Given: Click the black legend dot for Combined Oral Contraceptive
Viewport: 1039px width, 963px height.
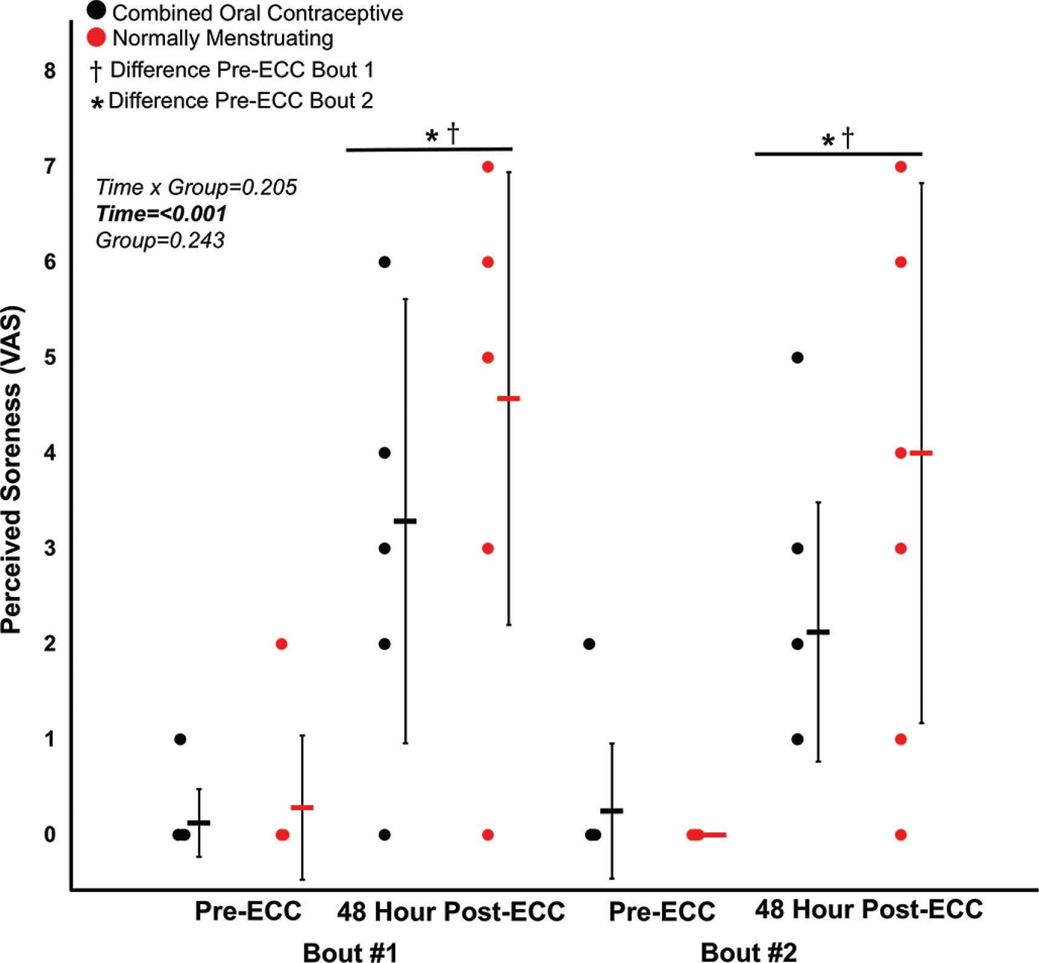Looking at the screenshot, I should (x=96, y=10).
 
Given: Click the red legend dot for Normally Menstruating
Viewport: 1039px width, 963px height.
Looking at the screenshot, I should (x=96, y=38).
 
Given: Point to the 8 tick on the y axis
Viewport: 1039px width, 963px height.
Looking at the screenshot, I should (x=50, y=71).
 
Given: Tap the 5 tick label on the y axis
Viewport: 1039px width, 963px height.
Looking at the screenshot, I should (x=50, y=358).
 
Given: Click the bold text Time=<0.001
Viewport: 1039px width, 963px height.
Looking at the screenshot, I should (x=161, y=214).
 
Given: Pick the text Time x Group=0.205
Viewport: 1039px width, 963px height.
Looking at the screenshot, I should (x=196, y=187).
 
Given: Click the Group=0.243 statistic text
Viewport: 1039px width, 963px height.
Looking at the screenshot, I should (x=160, y=241).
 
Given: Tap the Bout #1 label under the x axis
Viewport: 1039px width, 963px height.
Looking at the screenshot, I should (x=350, y=952).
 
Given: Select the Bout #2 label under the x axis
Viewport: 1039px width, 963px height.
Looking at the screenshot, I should (x=748, y=952).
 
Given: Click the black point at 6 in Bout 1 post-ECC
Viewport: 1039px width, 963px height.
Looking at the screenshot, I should (x=384, y=262).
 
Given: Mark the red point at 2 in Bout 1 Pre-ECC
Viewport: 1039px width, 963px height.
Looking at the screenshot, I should (x=281, y=644).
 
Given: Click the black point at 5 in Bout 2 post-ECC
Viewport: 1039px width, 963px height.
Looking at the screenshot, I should (x=798, y=358).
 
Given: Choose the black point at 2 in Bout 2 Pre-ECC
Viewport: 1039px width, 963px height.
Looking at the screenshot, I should (x=589, y=644).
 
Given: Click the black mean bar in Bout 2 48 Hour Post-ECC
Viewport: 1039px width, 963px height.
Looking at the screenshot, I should (x=818, y=632).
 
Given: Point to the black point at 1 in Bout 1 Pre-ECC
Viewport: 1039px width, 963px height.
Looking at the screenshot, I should (x=180, y=739).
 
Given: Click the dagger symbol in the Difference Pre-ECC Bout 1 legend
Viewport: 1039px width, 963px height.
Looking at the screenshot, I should (x=96, y=71).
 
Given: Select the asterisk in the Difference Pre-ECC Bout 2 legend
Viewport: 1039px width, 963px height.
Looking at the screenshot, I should (x=96, y=103).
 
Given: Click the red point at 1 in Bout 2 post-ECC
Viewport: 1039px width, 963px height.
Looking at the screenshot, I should (x=901, y=739).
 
